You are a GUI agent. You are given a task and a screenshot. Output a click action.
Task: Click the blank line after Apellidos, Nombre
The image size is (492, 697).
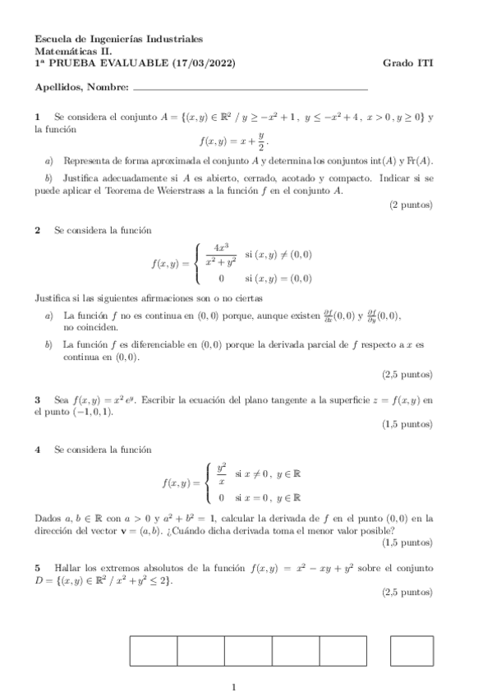pos(250,86)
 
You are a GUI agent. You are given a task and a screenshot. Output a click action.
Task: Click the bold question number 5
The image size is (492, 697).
pos(38,568)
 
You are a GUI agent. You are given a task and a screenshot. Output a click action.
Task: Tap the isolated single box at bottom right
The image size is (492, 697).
pos(412,650)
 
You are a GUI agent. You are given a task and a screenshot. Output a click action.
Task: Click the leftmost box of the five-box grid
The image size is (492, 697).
pos(154,650)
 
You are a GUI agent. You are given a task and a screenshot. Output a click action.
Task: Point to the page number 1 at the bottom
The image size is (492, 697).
pos(235,686)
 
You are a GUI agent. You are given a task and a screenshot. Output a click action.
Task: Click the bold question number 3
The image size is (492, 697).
pos(38,400)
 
